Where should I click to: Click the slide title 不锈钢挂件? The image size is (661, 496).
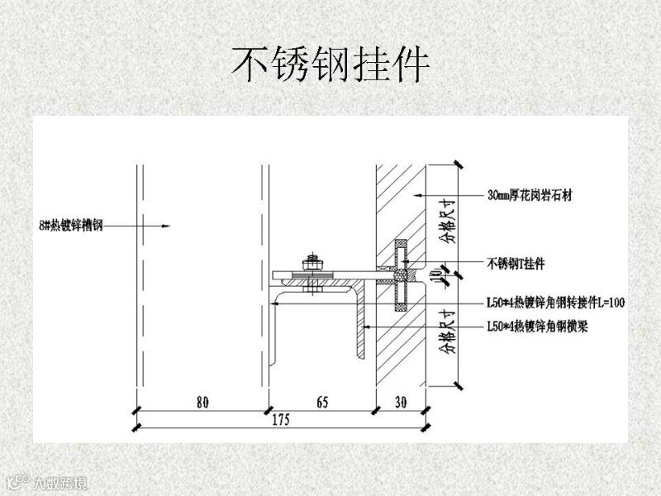(x=330, y=64)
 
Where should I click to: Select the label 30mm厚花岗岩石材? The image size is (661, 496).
(x=530, y=196)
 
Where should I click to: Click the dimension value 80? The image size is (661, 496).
(x=202, y=403)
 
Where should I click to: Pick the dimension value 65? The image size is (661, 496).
(x=322, y=403)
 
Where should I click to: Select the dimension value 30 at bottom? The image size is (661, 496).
(x=401, y=403)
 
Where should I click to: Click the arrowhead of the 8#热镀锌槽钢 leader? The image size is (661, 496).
(x=168, y=225)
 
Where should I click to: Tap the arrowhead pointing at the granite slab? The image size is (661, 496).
(x=419, y=196)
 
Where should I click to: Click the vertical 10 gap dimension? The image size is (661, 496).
(x=447, y=275)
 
